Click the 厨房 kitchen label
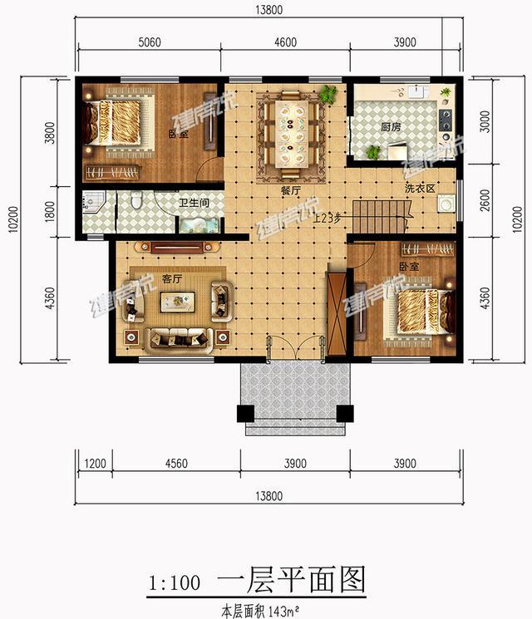click(x=391, y=128)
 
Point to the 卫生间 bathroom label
click(x=194, y=202)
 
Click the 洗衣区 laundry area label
click(x=421, y=189)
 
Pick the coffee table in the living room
click(x=178, y=302)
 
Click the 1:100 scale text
click(x=173, y=582)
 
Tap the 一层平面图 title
click(x=290, y=579)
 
